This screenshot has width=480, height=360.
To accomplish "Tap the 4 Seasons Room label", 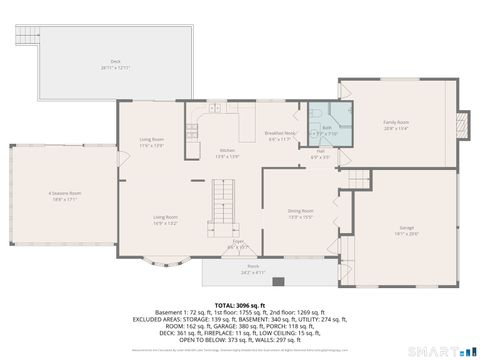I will pos(63,195).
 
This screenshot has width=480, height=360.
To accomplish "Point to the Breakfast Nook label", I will pos(281,135).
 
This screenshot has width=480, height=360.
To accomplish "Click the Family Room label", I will pos(397,126).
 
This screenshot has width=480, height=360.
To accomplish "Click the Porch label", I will pos(252,270).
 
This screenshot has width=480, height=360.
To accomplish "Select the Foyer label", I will pos(238,243).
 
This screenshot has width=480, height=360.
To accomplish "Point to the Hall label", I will pos(319,155).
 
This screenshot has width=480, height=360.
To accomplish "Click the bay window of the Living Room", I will pos(164,263).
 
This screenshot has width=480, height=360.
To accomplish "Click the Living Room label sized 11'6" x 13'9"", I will pos(151,144).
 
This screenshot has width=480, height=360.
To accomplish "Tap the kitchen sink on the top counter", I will pos(215,108).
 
